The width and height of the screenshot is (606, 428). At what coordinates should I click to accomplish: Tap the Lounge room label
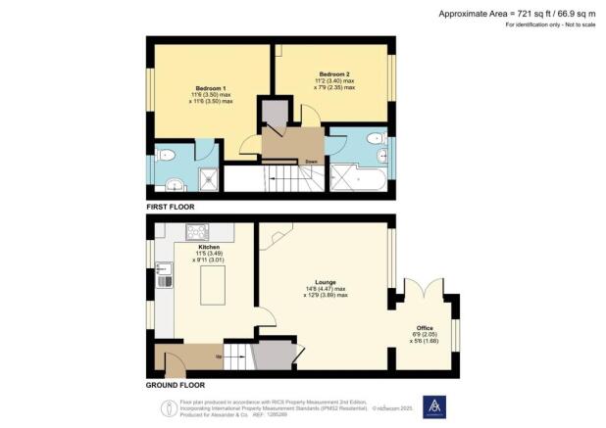(x=326, y=279)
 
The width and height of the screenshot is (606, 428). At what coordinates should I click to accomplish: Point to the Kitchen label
(x=209, y=248)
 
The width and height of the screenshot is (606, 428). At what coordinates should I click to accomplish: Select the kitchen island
(x=211, y=291)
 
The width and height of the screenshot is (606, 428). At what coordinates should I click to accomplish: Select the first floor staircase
(x=285, y=178)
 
